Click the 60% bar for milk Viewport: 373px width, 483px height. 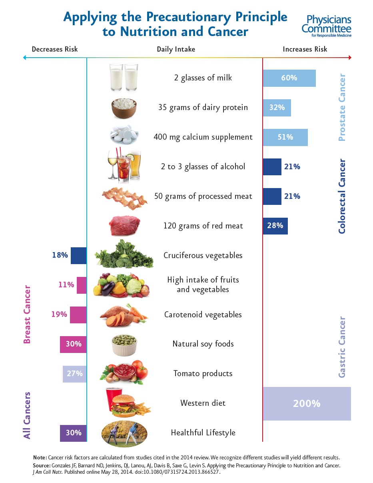(x=289, y=78)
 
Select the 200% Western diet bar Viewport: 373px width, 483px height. (x=307, y=403)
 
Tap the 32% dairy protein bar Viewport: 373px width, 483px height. (x=277, y=108)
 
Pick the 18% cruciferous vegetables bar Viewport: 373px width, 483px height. (x=78, y=256)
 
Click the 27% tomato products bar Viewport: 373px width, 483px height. (x=74, y=374)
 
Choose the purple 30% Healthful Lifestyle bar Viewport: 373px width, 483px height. (x=73, y=433)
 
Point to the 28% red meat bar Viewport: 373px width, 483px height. (x=275, y=226)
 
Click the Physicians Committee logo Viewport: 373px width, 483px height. (x=327, y=25)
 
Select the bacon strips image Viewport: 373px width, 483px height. (x=124, y=196)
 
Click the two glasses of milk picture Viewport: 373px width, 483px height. (x=124, y=77)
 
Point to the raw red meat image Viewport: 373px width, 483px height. (x=124, y=226)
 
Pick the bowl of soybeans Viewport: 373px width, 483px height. (x=124, y=344)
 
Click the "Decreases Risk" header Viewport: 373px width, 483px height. (x=55, y=49)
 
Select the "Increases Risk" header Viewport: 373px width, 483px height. (x=305, y=49)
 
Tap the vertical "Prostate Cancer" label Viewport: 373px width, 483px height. (x=342, y=107)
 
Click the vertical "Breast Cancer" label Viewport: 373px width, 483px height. (x=27, y=314)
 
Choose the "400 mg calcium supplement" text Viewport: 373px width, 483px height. (x=203, y=137)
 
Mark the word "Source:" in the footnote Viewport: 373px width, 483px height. (x=42, y=466)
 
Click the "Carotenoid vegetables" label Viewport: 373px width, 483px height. (x=203, y=315)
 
